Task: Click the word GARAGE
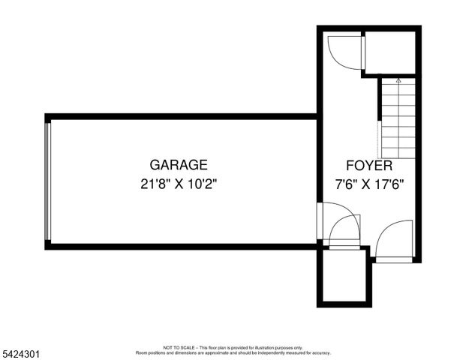178,165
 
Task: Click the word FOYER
368,166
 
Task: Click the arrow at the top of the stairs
398,79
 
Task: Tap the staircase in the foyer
398,120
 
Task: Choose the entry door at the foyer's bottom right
394,241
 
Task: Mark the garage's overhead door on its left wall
48,180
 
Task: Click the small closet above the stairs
389,51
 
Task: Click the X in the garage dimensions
179,183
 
